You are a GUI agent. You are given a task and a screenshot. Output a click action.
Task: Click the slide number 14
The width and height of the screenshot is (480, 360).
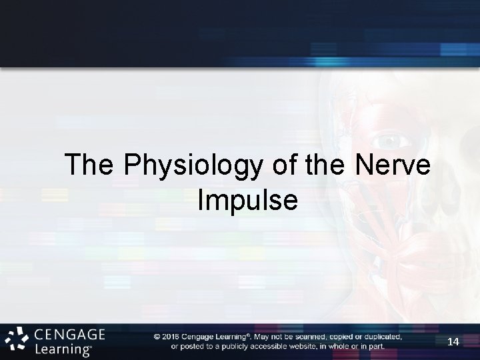[x=453, y=341]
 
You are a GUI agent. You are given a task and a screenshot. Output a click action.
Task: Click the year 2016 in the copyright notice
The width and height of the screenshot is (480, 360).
[x=173, y=337]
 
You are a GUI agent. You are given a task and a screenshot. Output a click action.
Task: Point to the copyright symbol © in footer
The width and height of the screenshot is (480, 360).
[x=157, y=337]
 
